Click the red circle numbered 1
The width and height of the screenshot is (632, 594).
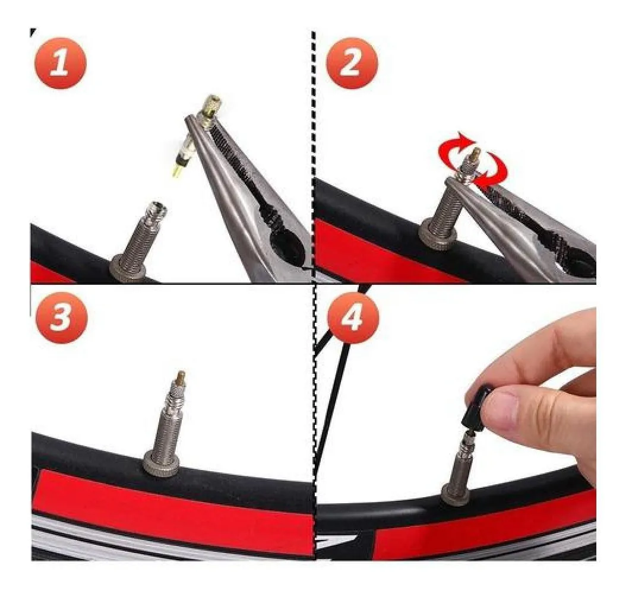point(59,63)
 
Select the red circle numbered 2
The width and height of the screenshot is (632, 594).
point(352,63)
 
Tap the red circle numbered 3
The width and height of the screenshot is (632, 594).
point(61,317)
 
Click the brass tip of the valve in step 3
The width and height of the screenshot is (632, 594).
point(180,378)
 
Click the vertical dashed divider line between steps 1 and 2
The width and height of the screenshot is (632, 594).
point(314,157)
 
